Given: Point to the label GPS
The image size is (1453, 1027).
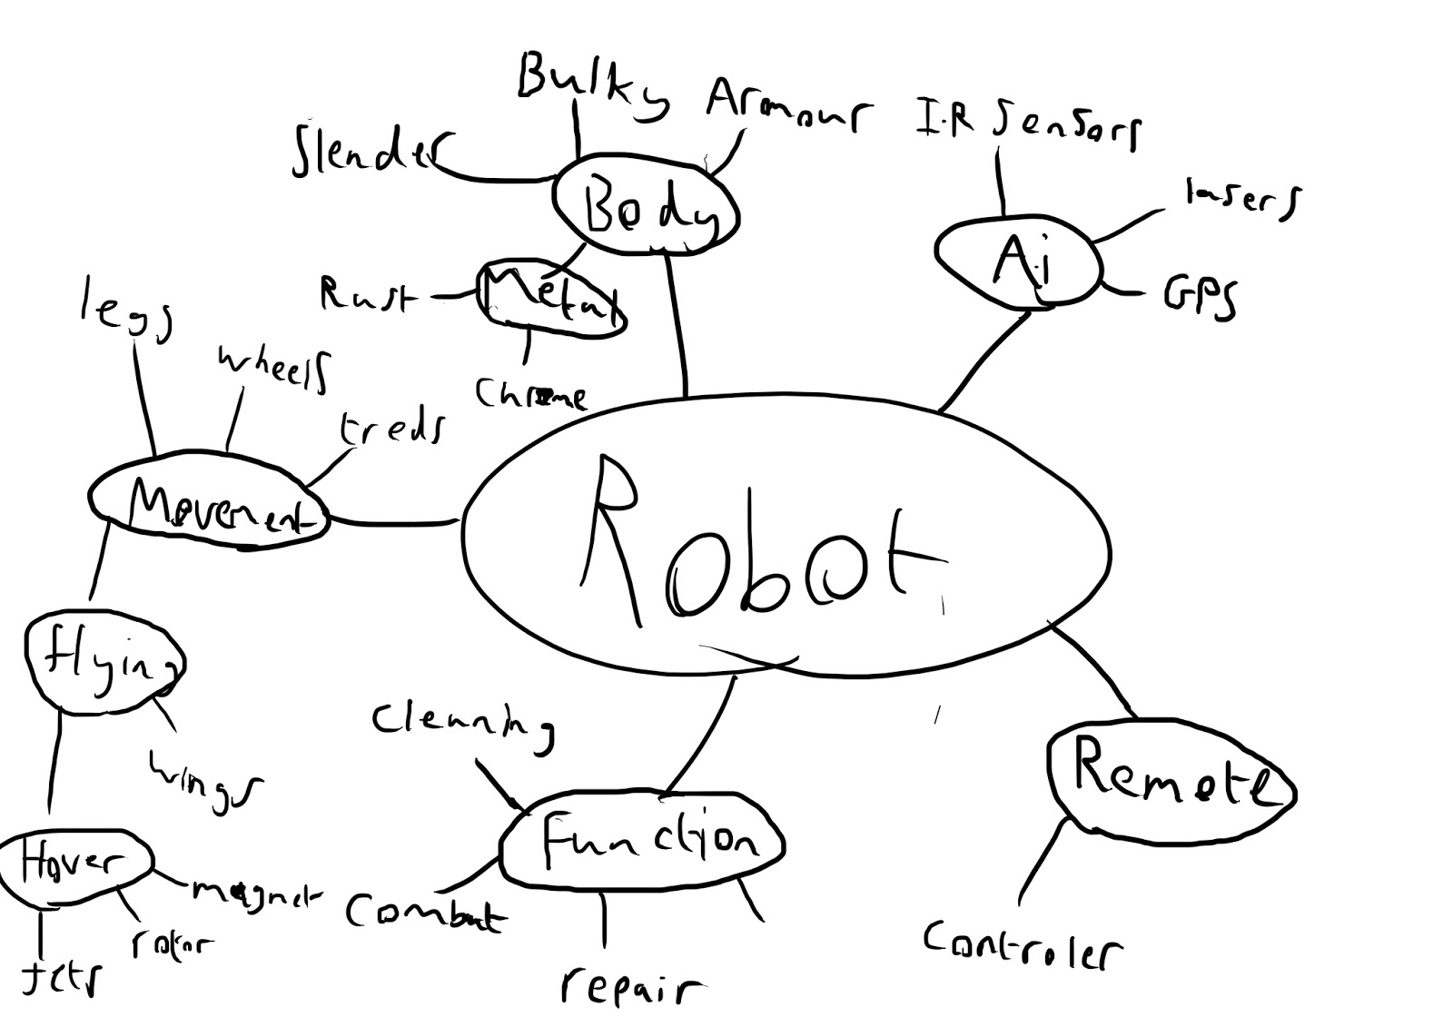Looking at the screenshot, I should (x=1199, y=296).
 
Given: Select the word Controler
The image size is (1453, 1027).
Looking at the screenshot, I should (x=1022, y=946).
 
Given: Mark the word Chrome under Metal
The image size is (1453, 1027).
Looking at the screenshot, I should (x=529, y=394).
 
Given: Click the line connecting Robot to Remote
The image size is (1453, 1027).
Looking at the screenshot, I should (x=1094, y=670).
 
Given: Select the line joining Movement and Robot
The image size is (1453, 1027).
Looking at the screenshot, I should (x=395, y=522).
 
